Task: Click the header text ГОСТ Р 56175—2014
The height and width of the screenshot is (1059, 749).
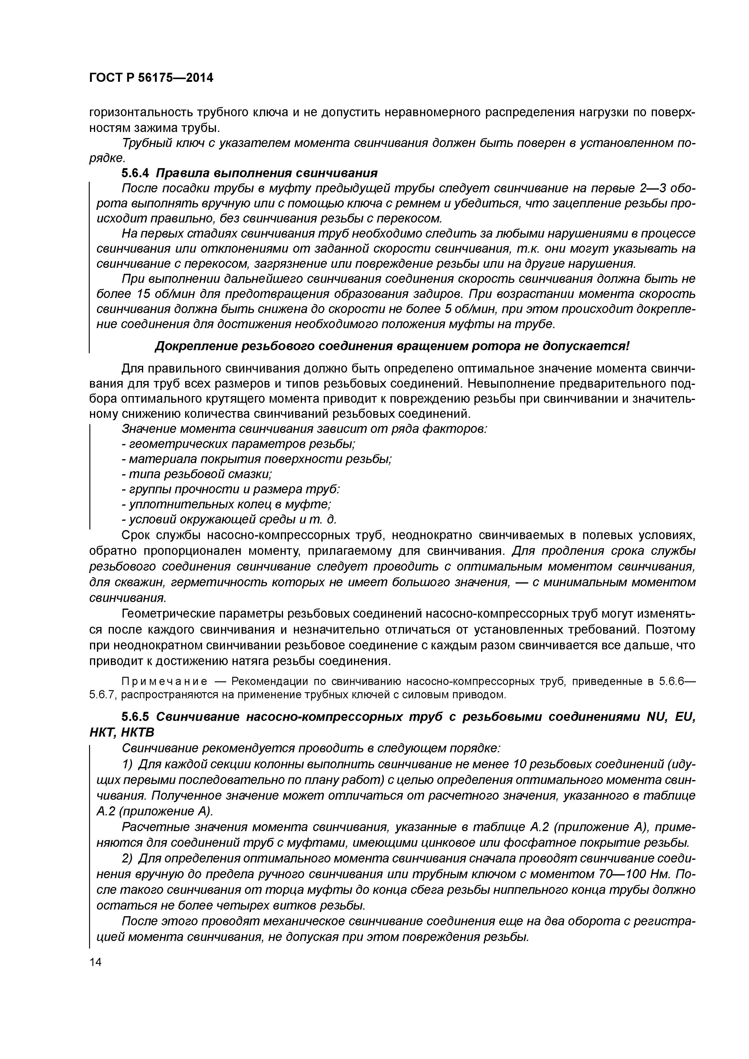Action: pyautogui.click(x=151, y=78)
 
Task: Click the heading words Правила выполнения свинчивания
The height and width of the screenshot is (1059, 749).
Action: pyautogui.click(x=267, y=173)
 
